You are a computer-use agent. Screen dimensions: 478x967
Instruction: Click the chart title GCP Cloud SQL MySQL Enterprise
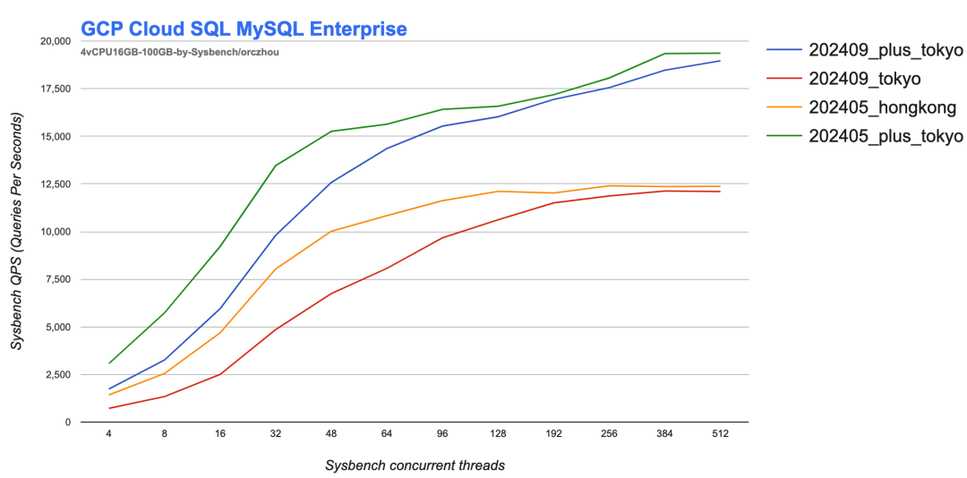click(244, 30)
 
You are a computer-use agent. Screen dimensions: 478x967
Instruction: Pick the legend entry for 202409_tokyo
click(864, 79)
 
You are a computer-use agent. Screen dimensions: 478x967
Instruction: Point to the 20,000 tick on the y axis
click(54, 41)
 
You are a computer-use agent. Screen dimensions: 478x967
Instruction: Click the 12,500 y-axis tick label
click(54, 184)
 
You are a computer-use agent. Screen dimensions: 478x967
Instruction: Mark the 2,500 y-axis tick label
click(57, 374)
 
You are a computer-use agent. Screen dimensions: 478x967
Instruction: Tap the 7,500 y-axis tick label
click(57, 279)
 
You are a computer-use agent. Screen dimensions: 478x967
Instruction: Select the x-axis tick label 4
click(109, 435)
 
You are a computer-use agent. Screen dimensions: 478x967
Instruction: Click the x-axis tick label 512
click(720, 435)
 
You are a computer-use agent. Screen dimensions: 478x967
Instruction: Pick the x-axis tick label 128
click(498, 435)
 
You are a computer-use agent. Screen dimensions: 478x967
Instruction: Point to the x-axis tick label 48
click(331, 435)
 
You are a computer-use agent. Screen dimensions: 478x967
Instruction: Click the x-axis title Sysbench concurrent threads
click(415, 465)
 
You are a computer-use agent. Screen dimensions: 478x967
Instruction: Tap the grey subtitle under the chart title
click(181, 52)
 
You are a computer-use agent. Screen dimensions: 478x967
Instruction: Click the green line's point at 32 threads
click(276, 166)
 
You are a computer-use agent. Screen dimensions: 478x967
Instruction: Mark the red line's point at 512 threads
click(720, 192)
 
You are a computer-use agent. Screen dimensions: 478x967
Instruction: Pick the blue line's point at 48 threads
click(331, 183)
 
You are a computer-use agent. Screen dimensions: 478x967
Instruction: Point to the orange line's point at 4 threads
click(109, 395)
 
